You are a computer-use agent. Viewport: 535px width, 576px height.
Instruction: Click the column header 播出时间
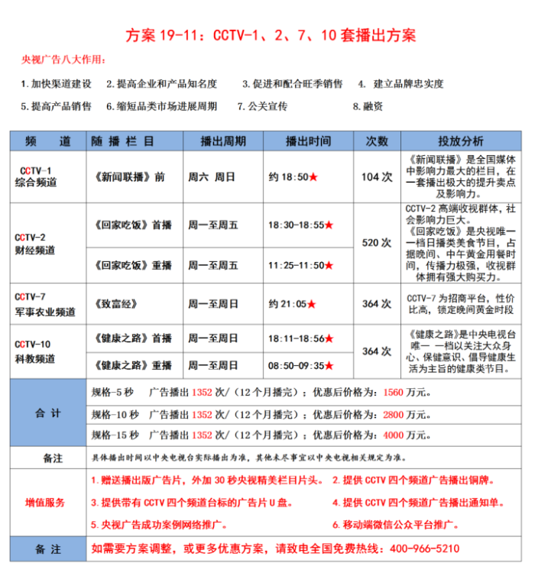coord(308,141)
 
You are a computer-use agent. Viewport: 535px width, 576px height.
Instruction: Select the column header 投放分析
coord(460,141)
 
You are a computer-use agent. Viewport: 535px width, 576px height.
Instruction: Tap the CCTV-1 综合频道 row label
coord(36,176)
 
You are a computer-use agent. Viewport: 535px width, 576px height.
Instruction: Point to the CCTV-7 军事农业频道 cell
coord(45,304)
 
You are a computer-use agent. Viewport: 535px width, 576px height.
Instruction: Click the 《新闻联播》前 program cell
coord(131,176)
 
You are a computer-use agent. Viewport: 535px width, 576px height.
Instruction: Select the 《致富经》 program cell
coord(117,304)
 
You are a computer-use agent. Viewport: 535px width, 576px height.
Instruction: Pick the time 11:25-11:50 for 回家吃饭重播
coord(297,265)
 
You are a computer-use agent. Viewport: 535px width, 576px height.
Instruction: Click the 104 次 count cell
coord(377,176)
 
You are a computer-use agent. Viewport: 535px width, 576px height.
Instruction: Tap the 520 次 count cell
coord(377,242)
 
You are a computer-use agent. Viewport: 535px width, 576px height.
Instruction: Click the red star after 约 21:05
coord(312,304)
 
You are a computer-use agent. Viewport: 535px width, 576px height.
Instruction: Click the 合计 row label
coord(48,413)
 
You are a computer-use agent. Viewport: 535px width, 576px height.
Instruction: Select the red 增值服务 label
coord(46,503)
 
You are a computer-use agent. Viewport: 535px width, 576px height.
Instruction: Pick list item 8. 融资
coord(368,106)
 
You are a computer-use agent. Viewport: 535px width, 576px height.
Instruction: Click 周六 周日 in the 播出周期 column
coord(211,176)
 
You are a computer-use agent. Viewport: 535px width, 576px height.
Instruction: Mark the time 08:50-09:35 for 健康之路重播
coord(297,365)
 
